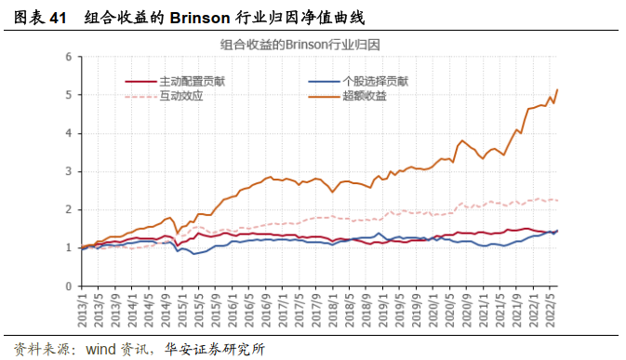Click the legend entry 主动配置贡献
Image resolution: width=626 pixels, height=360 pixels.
pos(192,81)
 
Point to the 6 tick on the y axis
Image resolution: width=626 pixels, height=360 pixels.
pos(68,57)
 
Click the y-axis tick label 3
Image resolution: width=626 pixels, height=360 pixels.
pos(68,171)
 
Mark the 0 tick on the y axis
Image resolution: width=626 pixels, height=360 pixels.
pos(68,286)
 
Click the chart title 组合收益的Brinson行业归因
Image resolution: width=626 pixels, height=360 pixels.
pos(305,44)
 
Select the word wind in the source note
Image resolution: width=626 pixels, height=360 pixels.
pos(104,350)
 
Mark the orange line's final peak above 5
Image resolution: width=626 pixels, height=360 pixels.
pos(557,89)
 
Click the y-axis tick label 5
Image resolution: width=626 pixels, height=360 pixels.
pos(68,95)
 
